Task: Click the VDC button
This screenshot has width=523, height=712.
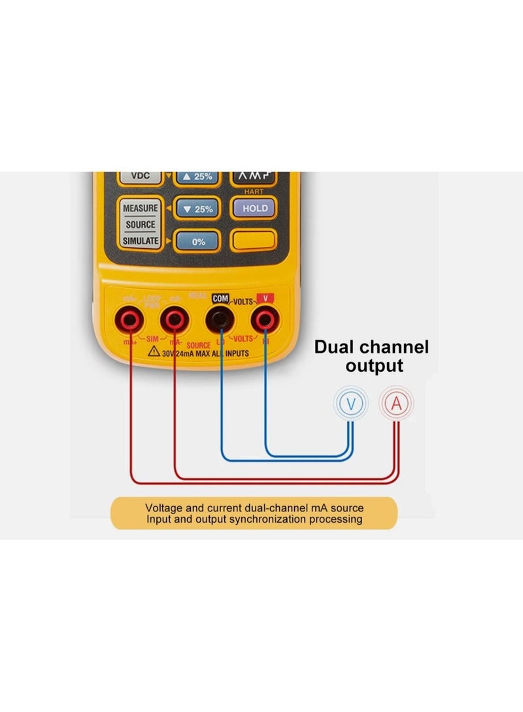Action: pos(141,176)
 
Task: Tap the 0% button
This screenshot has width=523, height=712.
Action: pos(198,241)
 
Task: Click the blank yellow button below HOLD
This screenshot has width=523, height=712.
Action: pos(254,240)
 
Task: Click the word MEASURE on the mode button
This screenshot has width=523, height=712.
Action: pos(141,208)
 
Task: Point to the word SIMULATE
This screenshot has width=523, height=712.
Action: pos(141,240)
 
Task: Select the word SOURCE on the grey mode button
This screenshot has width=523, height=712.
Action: pos(141,224)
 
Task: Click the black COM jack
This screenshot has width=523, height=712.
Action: pos(220,319)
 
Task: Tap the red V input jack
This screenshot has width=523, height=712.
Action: pos(264,319)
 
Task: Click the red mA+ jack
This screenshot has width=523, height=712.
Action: pos(129,319)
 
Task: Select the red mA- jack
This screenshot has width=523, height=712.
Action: pos(173,319)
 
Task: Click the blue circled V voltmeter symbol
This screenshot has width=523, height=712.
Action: pos(351,404)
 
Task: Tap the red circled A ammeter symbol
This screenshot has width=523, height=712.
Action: pos(396,404)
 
